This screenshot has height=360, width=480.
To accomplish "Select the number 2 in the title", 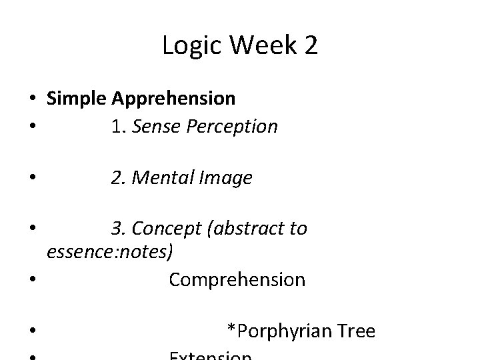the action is [310, 46].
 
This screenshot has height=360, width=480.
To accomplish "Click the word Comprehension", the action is [237, 279].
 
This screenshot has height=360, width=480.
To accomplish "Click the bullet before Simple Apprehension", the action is [32, 99].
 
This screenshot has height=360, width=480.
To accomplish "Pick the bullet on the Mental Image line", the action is [32, 179].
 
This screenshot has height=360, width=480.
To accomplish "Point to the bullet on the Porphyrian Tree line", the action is [32, 331].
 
